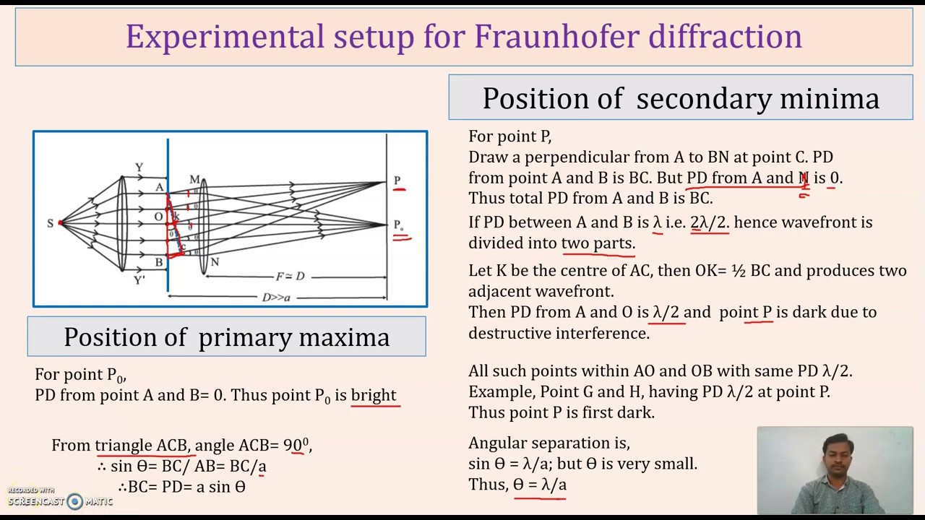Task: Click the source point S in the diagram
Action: point(51,223)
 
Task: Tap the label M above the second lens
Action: point(194,179)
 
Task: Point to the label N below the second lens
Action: point(214,262)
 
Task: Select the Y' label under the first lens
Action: point(139,280)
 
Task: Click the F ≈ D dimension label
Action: point(290,277)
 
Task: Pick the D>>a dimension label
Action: point(276,297)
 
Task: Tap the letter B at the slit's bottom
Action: point(159,263)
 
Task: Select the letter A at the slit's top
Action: point(160,188)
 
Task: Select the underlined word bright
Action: point(374,395)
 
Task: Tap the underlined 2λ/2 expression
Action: point(709,222)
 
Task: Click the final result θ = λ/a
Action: point(540,485)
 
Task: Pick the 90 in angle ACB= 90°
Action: point(292,446)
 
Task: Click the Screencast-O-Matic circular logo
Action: point(75,501)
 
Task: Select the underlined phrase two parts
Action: point(598,243)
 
